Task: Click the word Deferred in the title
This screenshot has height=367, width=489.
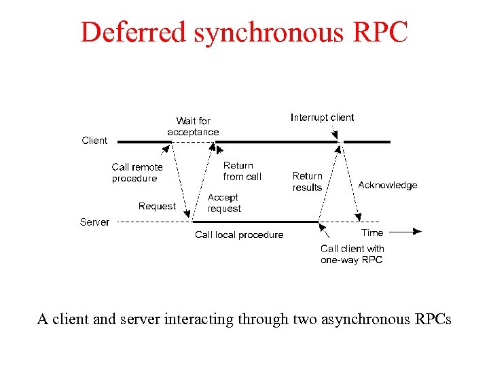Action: [x=132, y=33]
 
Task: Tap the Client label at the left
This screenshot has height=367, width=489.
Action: [x=94, y=141]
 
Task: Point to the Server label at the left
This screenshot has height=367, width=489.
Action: [x=94, y=222]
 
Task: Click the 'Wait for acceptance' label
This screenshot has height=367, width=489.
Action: [x=194, y=126]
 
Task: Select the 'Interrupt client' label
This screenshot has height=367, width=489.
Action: [x=322, y=118]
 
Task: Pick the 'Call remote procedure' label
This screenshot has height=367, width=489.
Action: [x=137, y=173]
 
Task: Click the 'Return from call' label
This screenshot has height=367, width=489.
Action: [x=242, y=171]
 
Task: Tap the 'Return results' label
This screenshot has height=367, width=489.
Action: [x=307, y=181]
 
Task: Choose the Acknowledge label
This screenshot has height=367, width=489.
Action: [x=388, y=185]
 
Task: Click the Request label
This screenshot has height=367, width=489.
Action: [x=157, y=206]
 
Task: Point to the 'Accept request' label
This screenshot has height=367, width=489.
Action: [x=224, y=203]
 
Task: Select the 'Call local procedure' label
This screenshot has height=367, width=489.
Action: [x=239, y=235]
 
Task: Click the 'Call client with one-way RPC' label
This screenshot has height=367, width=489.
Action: [x=352, y=254]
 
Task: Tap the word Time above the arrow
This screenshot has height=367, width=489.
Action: [x=372, y=232]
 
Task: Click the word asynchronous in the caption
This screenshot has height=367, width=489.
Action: [x=352, y=319]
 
